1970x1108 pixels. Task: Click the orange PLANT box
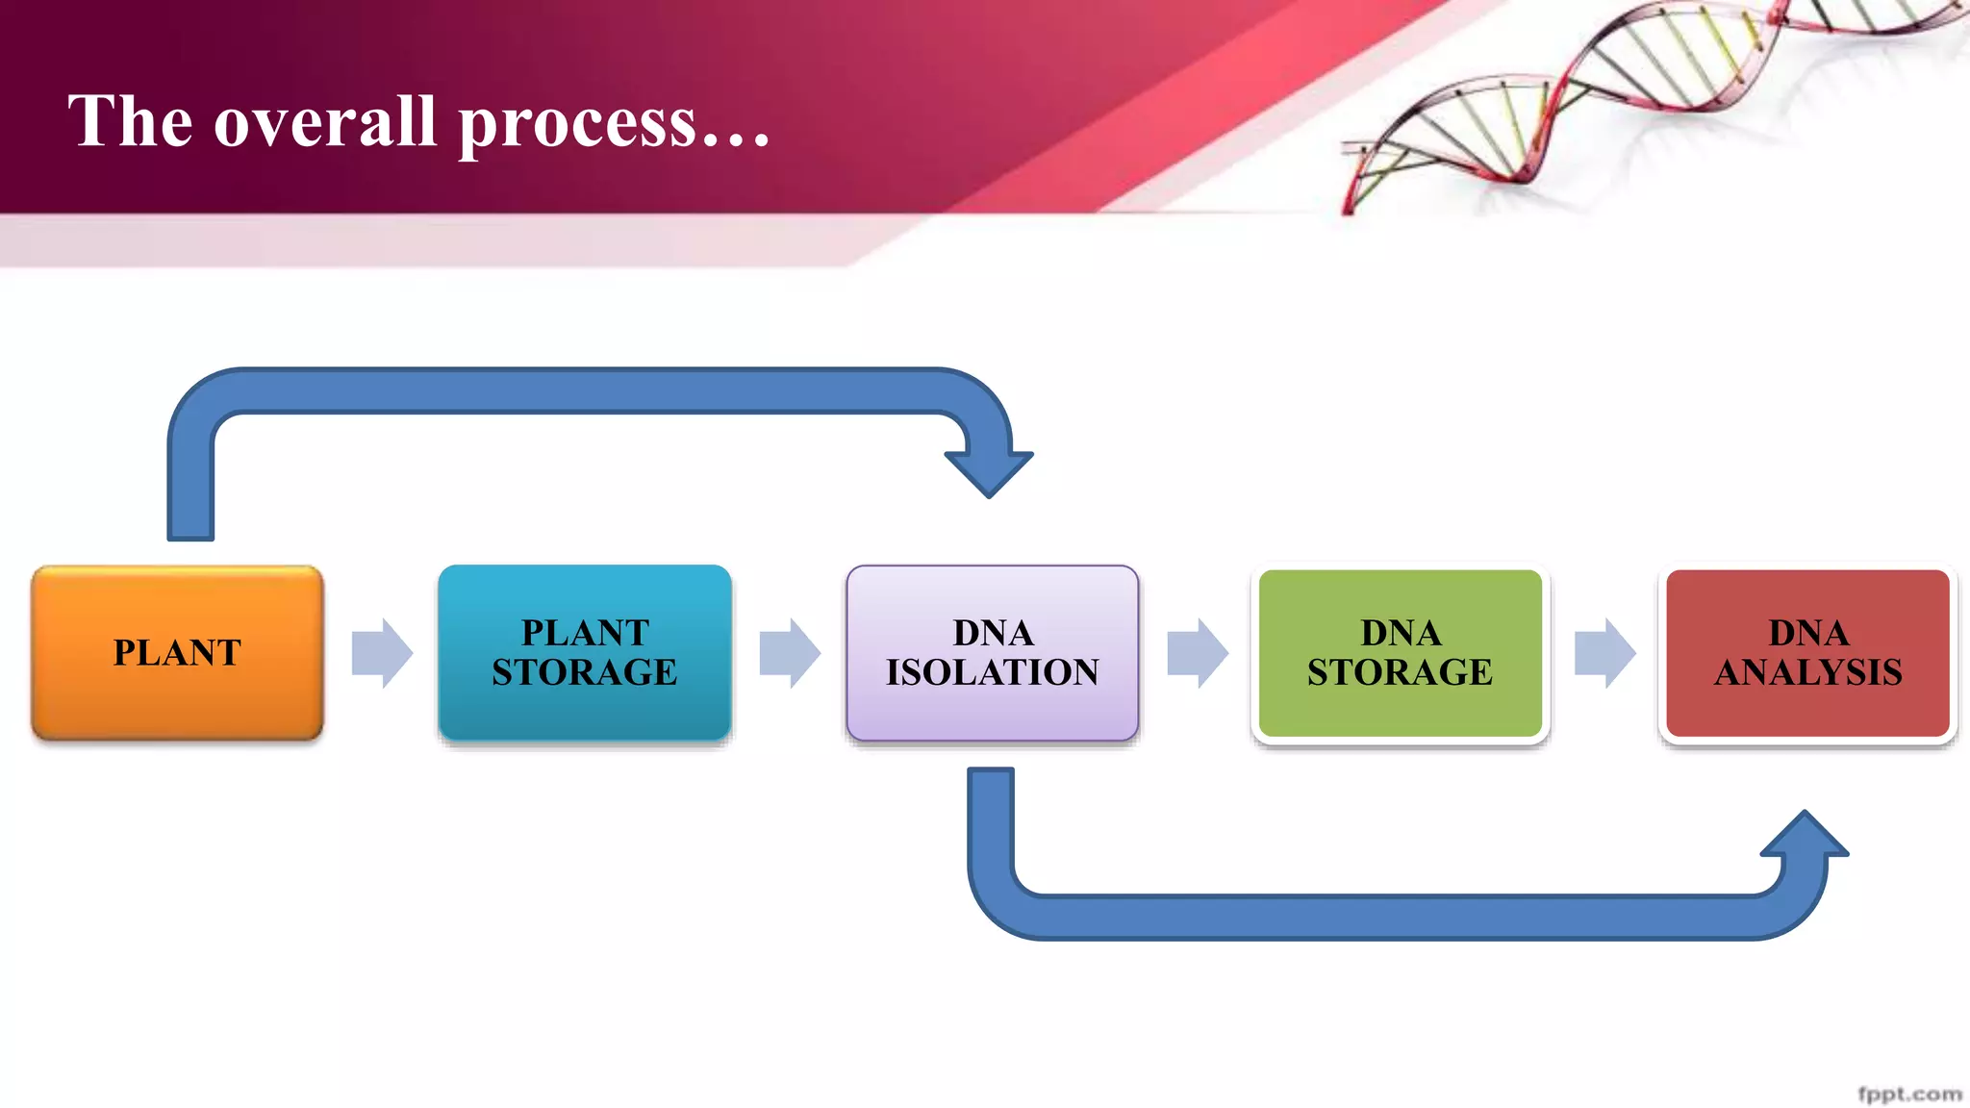coord(177,652)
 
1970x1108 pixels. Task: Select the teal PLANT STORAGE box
coord(584,652)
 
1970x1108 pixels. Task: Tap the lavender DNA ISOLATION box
coord(992,652)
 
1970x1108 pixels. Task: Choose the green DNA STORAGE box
coord(1400,652)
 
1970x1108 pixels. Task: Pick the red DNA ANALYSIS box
coord(1807,652)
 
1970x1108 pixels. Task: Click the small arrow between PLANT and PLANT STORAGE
coord(382,653)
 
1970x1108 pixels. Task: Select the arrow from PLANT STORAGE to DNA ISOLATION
coord(790,653)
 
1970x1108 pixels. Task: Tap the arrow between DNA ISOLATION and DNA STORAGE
coord(1198,653)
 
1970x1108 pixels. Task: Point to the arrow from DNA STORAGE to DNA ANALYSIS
coord(1604,653)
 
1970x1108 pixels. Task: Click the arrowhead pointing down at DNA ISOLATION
coord(989,470)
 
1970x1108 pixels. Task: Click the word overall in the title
coord(324,122)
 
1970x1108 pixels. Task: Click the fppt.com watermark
coord(1908,1094)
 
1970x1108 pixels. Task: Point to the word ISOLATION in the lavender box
coord(992,672)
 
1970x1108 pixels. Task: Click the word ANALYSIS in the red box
coord(1807,672)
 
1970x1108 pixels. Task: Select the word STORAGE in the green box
coord(1400,672)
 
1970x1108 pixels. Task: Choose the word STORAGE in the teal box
coord(584,672)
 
